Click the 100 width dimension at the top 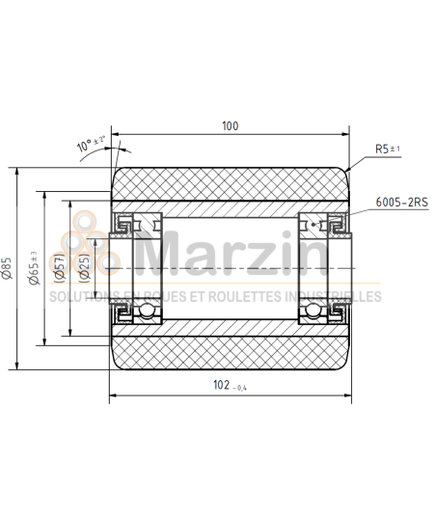coord(230,126)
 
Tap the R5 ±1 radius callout coord(389,149)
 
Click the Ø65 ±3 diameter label coord(35,267)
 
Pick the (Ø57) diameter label coord(60,267)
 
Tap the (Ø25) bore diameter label coord(85,267)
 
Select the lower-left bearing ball coord(141,311)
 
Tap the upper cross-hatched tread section coord(230,183)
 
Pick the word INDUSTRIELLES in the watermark coord(334,297)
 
